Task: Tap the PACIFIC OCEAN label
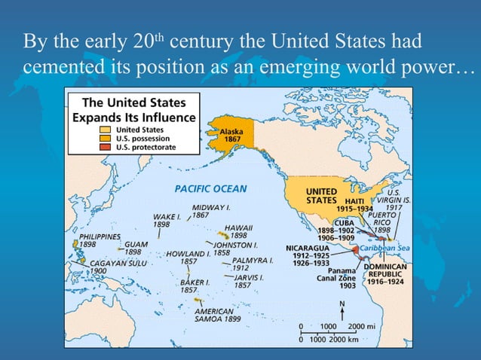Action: coord(210,188)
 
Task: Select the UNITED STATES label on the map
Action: coord(320,196)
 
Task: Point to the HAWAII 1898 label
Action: coord(238,231)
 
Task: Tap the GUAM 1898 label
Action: coord(136,248)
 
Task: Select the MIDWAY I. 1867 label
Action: coord(211,211)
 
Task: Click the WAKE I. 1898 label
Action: coord(167,220)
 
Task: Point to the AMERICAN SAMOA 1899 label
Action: coord(218,315)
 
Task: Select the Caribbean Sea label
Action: coord(384,247)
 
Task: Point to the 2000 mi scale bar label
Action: coord(363,326)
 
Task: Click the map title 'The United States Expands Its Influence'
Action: coord(133,110)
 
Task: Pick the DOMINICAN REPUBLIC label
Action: coord(386,273)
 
